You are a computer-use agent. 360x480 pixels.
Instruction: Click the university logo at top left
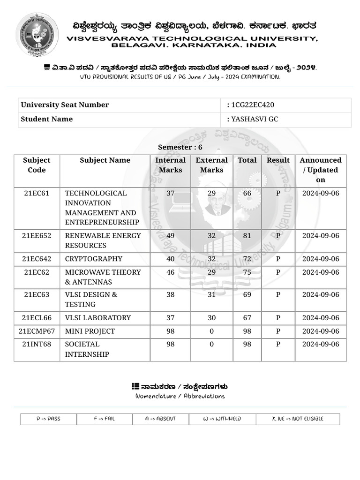37,34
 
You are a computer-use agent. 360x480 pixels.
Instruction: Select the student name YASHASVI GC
255,119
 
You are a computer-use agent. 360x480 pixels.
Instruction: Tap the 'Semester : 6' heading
180,147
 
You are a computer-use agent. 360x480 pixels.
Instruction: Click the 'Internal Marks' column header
170,165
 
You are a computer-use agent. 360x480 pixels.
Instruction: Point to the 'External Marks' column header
211,165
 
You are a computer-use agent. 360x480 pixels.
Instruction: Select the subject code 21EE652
37,236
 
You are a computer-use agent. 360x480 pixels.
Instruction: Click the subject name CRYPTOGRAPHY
93,259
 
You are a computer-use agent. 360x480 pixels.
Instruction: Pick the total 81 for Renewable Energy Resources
247,236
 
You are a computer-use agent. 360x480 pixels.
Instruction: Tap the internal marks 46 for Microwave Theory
170,272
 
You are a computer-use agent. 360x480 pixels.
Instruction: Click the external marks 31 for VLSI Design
211,295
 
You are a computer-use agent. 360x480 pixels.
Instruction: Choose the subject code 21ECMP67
37,331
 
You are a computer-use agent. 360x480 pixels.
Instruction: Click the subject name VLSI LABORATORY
97,318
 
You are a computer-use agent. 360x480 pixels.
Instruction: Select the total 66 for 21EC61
247,193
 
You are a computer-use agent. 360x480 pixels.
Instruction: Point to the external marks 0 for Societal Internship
211,345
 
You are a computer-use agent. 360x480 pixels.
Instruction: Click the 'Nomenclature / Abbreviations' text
180,396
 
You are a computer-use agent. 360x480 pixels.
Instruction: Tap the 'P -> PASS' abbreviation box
48,419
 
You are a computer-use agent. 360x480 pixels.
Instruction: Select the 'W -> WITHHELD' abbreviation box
222,419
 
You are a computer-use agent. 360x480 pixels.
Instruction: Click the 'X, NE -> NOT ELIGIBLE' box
298,419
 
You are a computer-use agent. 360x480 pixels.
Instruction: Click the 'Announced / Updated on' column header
321,170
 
